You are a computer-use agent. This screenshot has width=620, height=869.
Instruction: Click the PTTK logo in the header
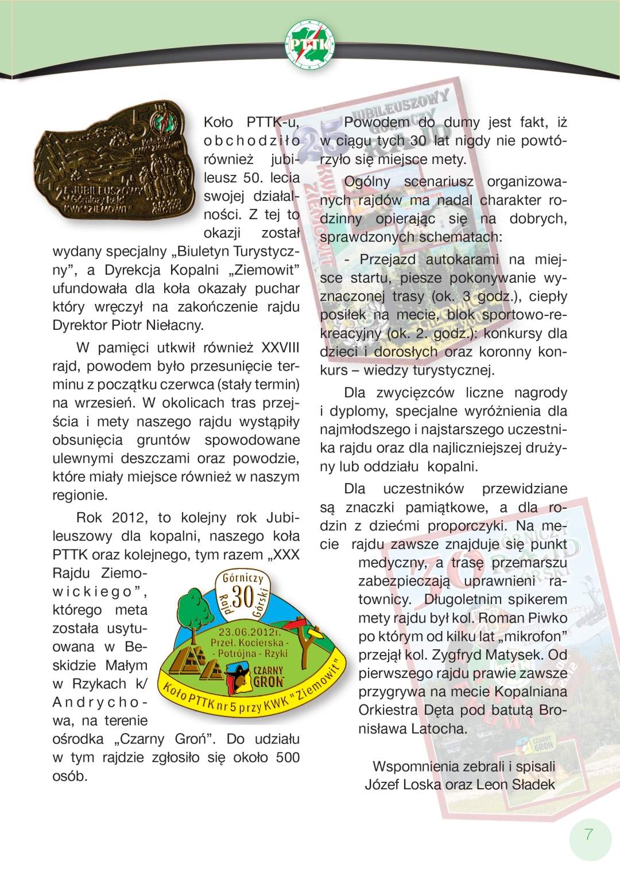click(x=310, y=44)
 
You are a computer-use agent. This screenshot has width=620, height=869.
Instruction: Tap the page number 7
click(x=588, y=834)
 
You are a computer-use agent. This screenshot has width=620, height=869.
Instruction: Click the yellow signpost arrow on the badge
click(x=315, y=632)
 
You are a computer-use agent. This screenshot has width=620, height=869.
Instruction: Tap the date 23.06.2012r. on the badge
click(x=250, y=632)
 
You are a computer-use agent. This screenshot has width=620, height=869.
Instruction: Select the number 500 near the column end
click(x=288, y=757)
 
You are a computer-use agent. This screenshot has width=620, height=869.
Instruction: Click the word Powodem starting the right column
click(x=377, y=122)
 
